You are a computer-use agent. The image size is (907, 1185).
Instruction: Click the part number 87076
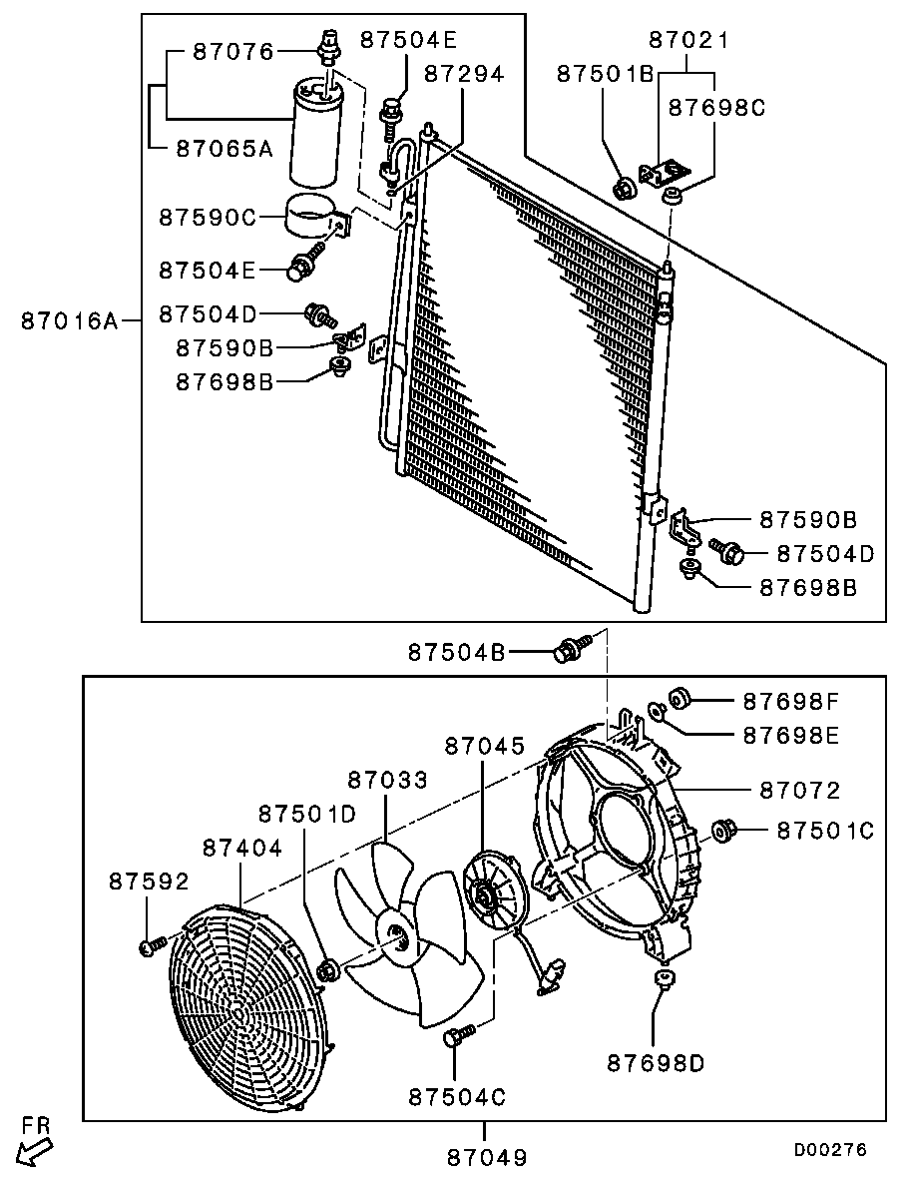click(232, 51)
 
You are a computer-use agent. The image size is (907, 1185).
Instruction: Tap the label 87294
click(464, 73)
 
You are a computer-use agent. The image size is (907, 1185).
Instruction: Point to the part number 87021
click(688, 41)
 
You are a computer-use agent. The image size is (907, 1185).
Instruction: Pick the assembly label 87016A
click(69, 320)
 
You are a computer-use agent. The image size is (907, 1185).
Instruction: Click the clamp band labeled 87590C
click(312, 217)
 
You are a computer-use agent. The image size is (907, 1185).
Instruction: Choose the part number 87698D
click(656, 1063)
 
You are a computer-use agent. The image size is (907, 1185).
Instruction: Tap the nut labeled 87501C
click(723, 830)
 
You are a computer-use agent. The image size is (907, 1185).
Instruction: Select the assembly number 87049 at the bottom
click(486, 1157)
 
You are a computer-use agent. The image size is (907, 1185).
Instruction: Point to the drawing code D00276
click(830, 1150)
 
